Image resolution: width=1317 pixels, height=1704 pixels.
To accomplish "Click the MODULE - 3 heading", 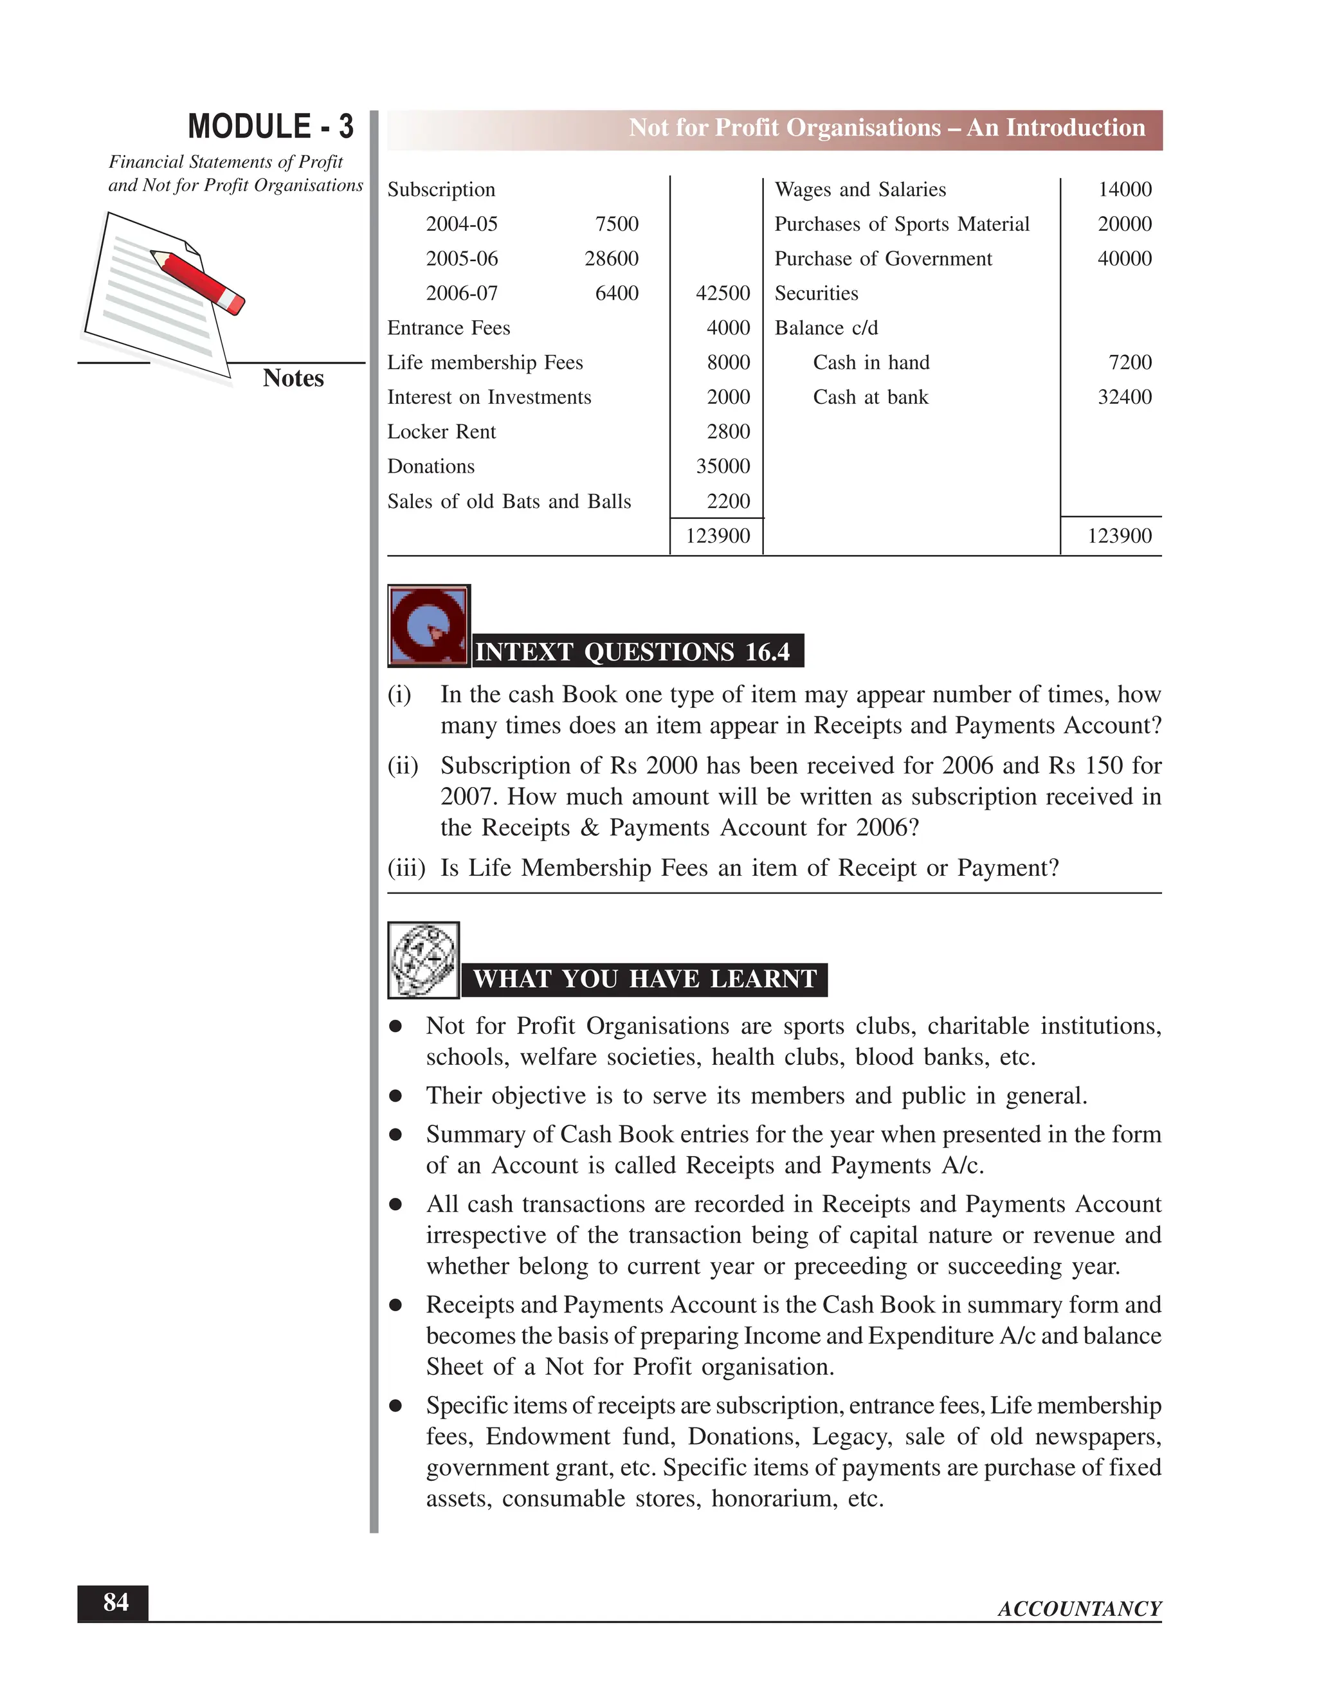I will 270,127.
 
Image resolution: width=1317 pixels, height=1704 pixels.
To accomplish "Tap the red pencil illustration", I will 198,282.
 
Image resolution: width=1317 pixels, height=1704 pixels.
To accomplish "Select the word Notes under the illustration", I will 293,377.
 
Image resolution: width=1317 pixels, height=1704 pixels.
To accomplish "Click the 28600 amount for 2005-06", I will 611,258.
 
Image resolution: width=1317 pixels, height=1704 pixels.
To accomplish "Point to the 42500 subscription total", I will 722,293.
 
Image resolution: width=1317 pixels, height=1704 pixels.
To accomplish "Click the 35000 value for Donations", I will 722,467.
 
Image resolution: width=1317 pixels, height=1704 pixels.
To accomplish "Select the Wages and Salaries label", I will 860,190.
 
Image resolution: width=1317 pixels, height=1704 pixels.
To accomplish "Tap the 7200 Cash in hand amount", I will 1129,362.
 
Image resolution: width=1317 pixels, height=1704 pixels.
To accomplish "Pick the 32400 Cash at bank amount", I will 1124,397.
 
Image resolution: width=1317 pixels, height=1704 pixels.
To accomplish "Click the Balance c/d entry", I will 826,328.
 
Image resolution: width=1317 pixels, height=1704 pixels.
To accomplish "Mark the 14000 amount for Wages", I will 1124,190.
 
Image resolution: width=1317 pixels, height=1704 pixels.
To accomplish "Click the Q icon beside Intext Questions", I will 428,626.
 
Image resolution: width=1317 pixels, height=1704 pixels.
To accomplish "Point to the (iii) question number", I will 406,867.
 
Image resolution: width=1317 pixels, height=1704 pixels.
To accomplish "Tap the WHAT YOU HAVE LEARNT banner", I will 644,979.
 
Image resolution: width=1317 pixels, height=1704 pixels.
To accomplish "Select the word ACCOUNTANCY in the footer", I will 1079,1609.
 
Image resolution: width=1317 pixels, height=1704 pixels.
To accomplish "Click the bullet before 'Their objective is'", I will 395,1096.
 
